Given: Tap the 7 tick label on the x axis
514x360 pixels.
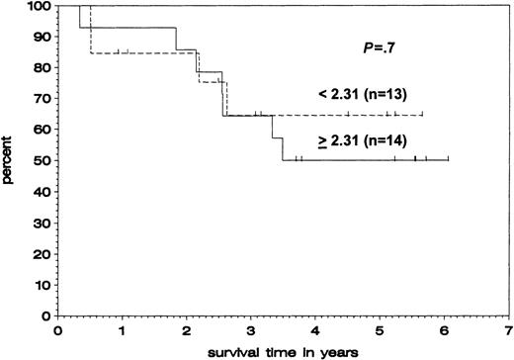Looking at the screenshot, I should [508, 329].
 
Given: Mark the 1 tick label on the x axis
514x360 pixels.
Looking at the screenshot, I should [123, 329].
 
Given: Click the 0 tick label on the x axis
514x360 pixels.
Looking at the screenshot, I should [58, 329].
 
